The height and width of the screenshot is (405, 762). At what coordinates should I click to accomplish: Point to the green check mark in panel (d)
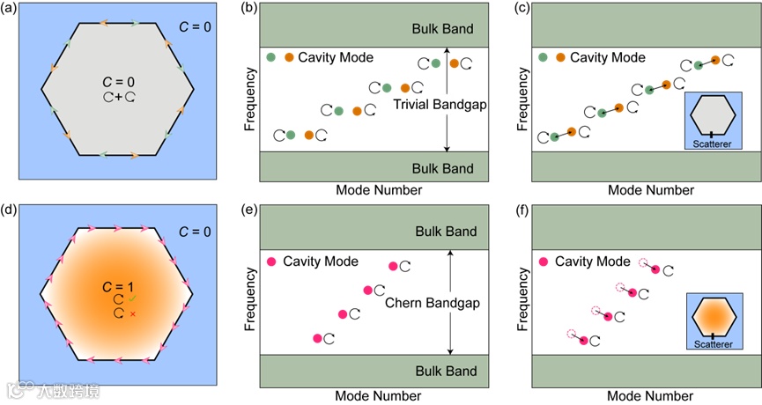tap(133, 299)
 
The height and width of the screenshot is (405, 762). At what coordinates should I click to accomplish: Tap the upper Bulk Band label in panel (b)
tap(443, 29)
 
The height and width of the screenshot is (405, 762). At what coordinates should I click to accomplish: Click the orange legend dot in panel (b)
tap(290, 57)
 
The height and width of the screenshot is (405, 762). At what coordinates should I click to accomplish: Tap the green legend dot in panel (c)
tap(542, 57)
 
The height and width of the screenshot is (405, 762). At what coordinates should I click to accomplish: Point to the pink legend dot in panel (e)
tap(272, 261)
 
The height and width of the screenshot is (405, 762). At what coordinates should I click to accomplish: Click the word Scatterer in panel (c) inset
tap(713, 142)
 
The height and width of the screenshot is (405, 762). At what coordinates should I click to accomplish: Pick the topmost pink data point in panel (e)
tap(394, 266)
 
